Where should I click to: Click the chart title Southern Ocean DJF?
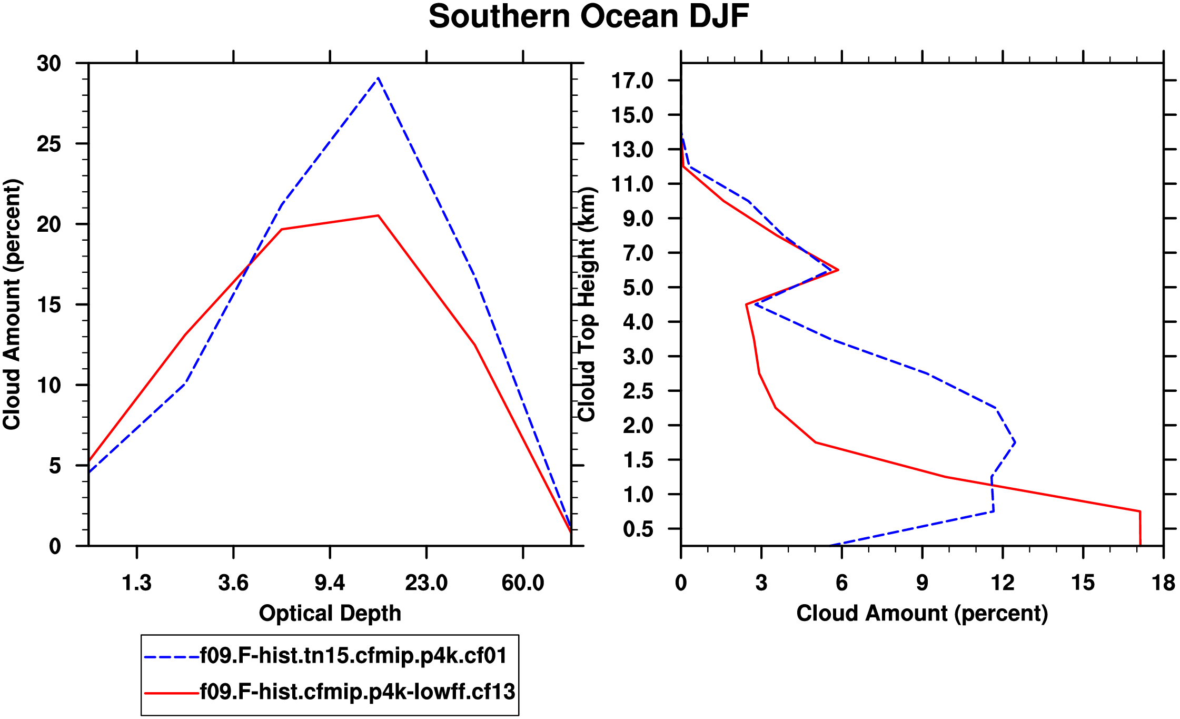click(x=588, y=17)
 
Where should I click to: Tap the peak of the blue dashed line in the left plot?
click(x=378, y=78)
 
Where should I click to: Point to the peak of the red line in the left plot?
click(x=378, y=215)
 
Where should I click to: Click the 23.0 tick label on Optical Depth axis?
click(x=426, y=583)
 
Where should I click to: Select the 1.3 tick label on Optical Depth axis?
click(x=137, y=583)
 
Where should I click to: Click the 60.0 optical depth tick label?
click(x=522, y=583)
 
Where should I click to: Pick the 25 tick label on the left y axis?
click(x=49, y=144)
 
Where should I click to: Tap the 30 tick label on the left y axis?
click(x=49, y=64)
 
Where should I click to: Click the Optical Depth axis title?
click(x=330, y=614)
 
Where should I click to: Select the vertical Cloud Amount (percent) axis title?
click(x=12, y=304)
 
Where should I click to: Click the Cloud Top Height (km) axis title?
click(x=587, y=304)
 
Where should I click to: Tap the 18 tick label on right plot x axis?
click(x=1163, y=583)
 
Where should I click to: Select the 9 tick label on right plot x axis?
click(x=922, y=583)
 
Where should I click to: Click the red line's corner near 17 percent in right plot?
click(x=1139, y=511)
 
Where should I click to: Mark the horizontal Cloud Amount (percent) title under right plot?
click(x=922, y=614)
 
